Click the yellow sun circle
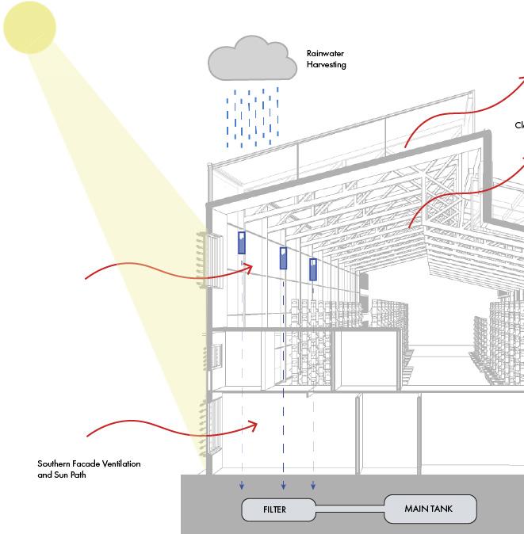pyautogui.click(x=30, y=27)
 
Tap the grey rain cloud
pyautogui.click(x=247, y=62)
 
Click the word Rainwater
pyautogui.click(x=326, y=54)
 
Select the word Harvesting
pyautogui.click(x=327, y=65)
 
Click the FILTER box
pyautogui.click(x=274, y=509)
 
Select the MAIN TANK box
pyautogui.click(x=430, y=509)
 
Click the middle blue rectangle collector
pyautogui.click(x=283, y=258)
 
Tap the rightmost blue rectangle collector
pyautogui.click(x=313, y=269)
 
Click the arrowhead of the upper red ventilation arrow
pyautogui.click(x=249, y=269)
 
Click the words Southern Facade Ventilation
pyautogui.click(x=89, y=463)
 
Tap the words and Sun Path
pyautogui.click(x=61, y=475)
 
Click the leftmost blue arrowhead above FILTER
pyautogui.click(x=243, y=486)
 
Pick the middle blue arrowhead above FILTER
pyautogui.click(x=283, y=486)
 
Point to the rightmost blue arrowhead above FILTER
pyautogui.click(x=313, y=486)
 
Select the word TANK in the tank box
pyautogui.click(x=442, y=509)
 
